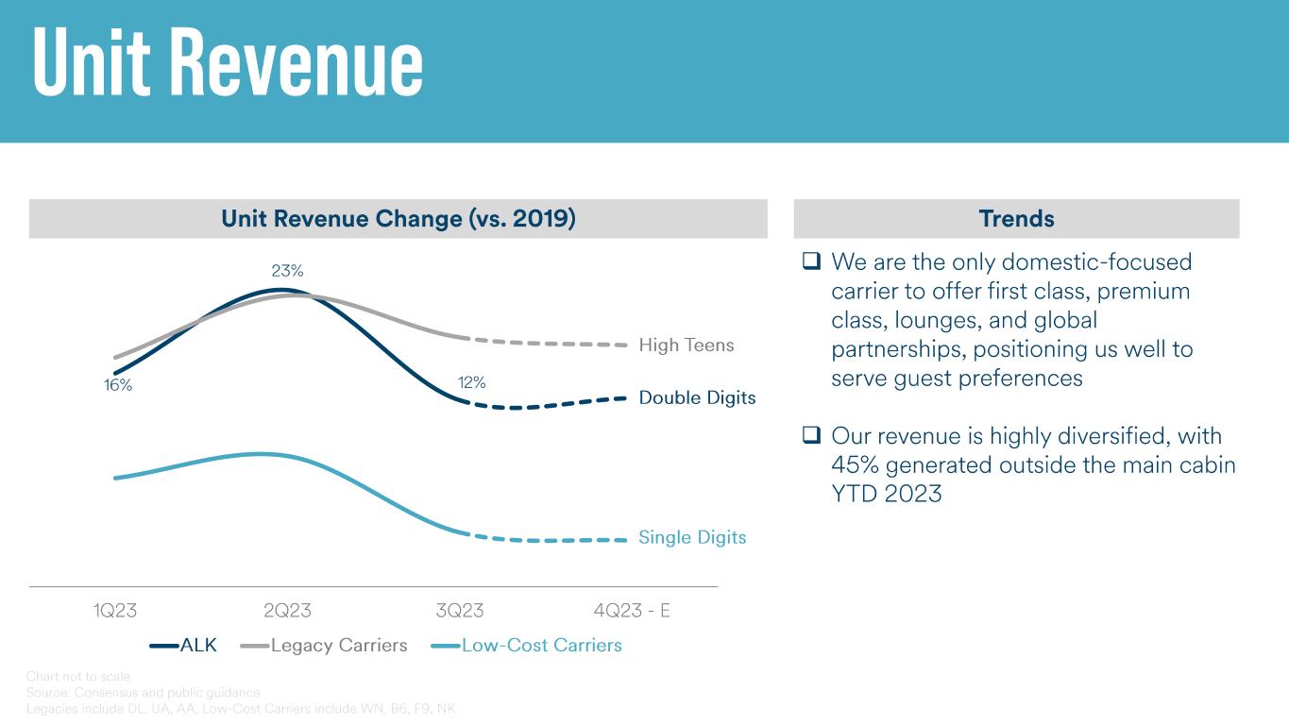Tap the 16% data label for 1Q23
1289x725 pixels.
pyautogui.click(x=118, y=385)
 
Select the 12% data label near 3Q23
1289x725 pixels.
pyautogui.click(x=472, y=382)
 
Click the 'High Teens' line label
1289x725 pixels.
pyautogui.click(x=687, y=346)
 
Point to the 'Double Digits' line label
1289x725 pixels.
pyautogui.click(x=697, y=397)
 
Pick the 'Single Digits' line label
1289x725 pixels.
pyautogui.click(x=692, y=537)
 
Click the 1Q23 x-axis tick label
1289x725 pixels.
pyautogui.click(x=115, y=611)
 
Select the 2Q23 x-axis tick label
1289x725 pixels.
pyautogui.click(x=287, y=611)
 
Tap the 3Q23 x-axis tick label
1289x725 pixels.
pyautogui.click(x=460, y=611)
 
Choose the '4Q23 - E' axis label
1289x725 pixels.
pyautogui.click(x=632, y=611)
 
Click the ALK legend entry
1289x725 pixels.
pyautogui.click(x=184, y=646)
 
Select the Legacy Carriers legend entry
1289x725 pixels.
pyautogui.click(x=325, y=646)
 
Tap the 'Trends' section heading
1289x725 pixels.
pyautogui.click(x=1016, y=219)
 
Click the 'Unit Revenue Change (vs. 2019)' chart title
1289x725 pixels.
pyautogui.click(x=399, y=219)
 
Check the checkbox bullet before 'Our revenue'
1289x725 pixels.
pyautogui.click(x=811, y=436)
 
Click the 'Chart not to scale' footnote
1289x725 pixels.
pyautogui.click(x=78, y=677)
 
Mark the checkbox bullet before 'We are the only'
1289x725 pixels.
pyautogui.click(x=811, y=261)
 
